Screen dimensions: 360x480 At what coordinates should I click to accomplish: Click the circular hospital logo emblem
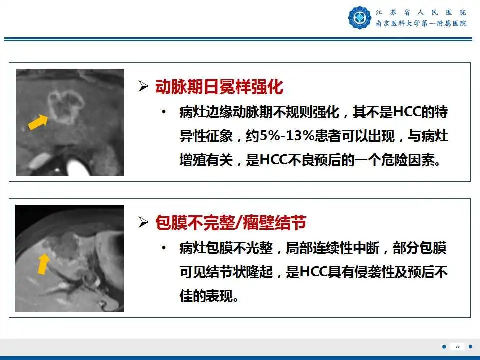360,18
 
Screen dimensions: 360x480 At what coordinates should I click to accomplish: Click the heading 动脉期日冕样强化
219,87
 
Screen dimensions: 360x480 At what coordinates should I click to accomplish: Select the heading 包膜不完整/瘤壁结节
230,222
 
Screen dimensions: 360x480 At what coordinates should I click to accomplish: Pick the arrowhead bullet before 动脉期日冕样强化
144,87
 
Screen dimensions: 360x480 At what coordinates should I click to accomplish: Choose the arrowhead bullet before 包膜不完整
144,223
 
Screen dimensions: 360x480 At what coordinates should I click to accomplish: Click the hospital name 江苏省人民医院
421,12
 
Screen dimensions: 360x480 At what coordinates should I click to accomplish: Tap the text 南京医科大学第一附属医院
421,23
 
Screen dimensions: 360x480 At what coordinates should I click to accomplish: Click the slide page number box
457,347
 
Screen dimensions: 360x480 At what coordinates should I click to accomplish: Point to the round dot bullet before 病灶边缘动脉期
163,112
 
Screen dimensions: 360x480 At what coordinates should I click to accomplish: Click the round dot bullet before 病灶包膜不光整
163,248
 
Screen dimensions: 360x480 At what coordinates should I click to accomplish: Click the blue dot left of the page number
444,347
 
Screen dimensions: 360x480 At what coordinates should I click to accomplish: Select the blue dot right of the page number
470,347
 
